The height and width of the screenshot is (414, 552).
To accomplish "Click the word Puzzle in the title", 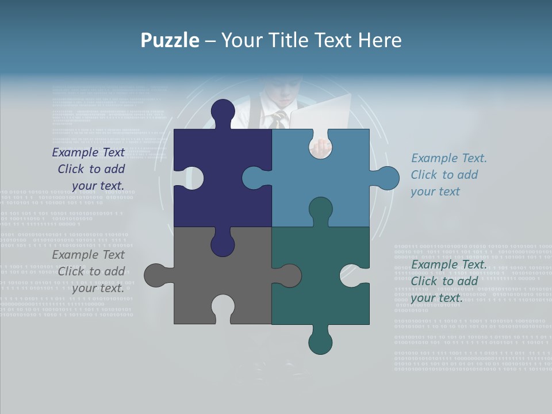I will click(x=170, y=40).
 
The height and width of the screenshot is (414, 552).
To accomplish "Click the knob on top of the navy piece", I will click(x=223, y=111).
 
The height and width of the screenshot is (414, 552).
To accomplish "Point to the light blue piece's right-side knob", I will click(x=387, y=178).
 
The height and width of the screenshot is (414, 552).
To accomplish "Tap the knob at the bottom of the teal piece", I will click(x=320, y=342).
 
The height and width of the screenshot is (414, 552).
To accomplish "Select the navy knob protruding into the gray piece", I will click(x=223, y=244).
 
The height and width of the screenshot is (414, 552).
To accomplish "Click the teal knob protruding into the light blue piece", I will click(x=320, y=209).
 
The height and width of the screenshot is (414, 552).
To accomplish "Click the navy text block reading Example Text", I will click(x=89, y=152).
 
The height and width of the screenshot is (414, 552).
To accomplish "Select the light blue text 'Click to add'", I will click(x=444, y=175).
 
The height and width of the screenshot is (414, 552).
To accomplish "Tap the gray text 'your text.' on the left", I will click(x=98, y=288).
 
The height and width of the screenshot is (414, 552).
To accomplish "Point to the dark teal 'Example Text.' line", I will click(x=449, y=264).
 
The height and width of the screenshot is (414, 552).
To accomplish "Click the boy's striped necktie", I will click(x=279, y=119).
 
